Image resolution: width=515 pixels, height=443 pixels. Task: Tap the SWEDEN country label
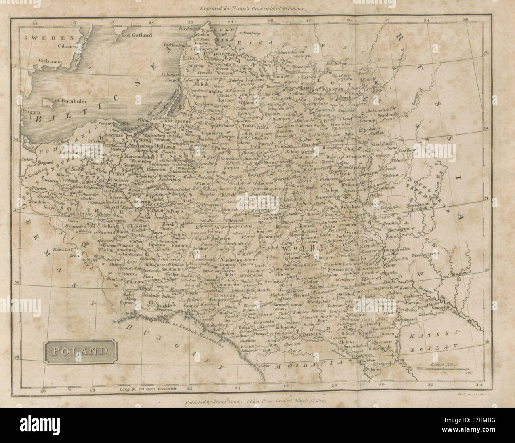coord(41,38)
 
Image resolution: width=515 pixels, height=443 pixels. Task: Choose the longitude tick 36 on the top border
coord(467,18)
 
